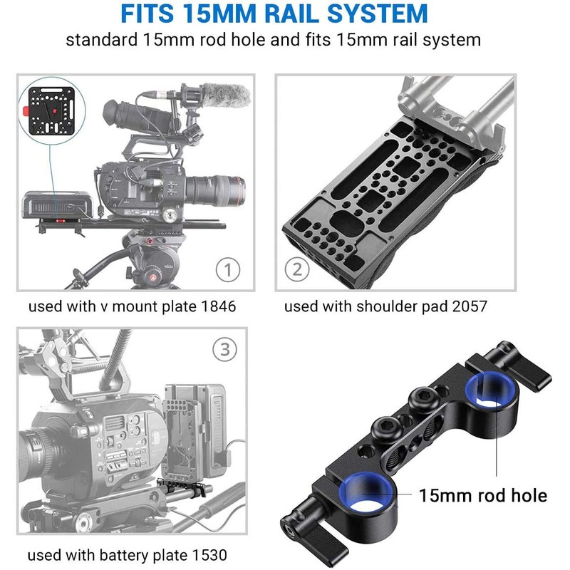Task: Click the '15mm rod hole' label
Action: tap(482, 494)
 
